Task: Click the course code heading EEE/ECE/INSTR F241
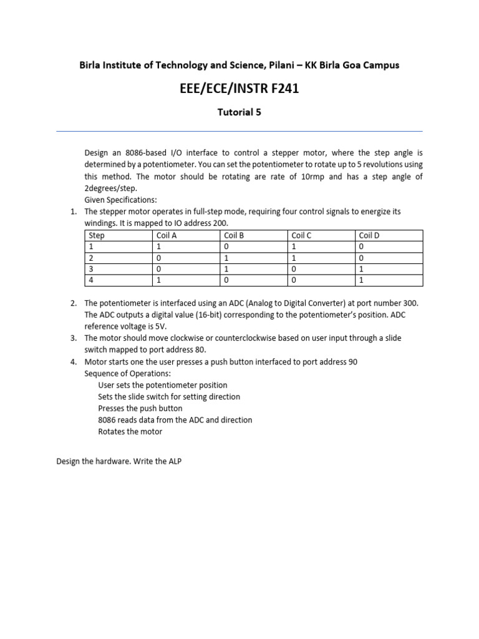pos(239,89)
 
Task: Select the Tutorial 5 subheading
pos(239,112)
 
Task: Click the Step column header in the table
pos(97,235)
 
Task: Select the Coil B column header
pos(233,235)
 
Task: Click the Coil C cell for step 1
pos(294,246)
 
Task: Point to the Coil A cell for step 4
pos(158,280)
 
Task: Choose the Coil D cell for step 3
pos(362,269)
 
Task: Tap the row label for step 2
pos(91,258)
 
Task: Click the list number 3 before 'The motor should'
pos(73,338)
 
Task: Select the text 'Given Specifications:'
pos(121,200)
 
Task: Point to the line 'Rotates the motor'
pos(130,432)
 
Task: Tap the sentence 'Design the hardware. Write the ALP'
pos(119,462)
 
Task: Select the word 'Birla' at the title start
pos(91,65)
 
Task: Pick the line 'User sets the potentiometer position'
pos(163,385)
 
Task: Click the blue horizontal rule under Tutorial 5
pos(239,131)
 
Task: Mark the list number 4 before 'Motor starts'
pos(73,362)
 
